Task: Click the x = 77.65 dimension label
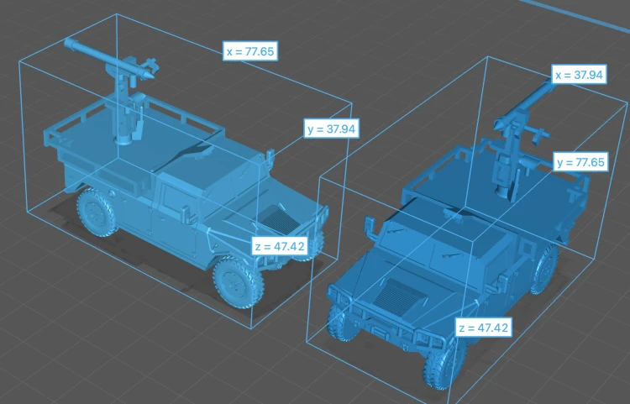point(250,51)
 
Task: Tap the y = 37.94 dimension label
point(331,129)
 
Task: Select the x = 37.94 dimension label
point(579,75)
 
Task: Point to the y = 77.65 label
point(580,162)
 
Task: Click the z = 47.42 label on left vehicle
point(280,246)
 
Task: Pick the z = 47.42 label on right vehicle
point(484,328)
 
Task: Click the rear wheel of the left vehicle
point(97,212)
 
